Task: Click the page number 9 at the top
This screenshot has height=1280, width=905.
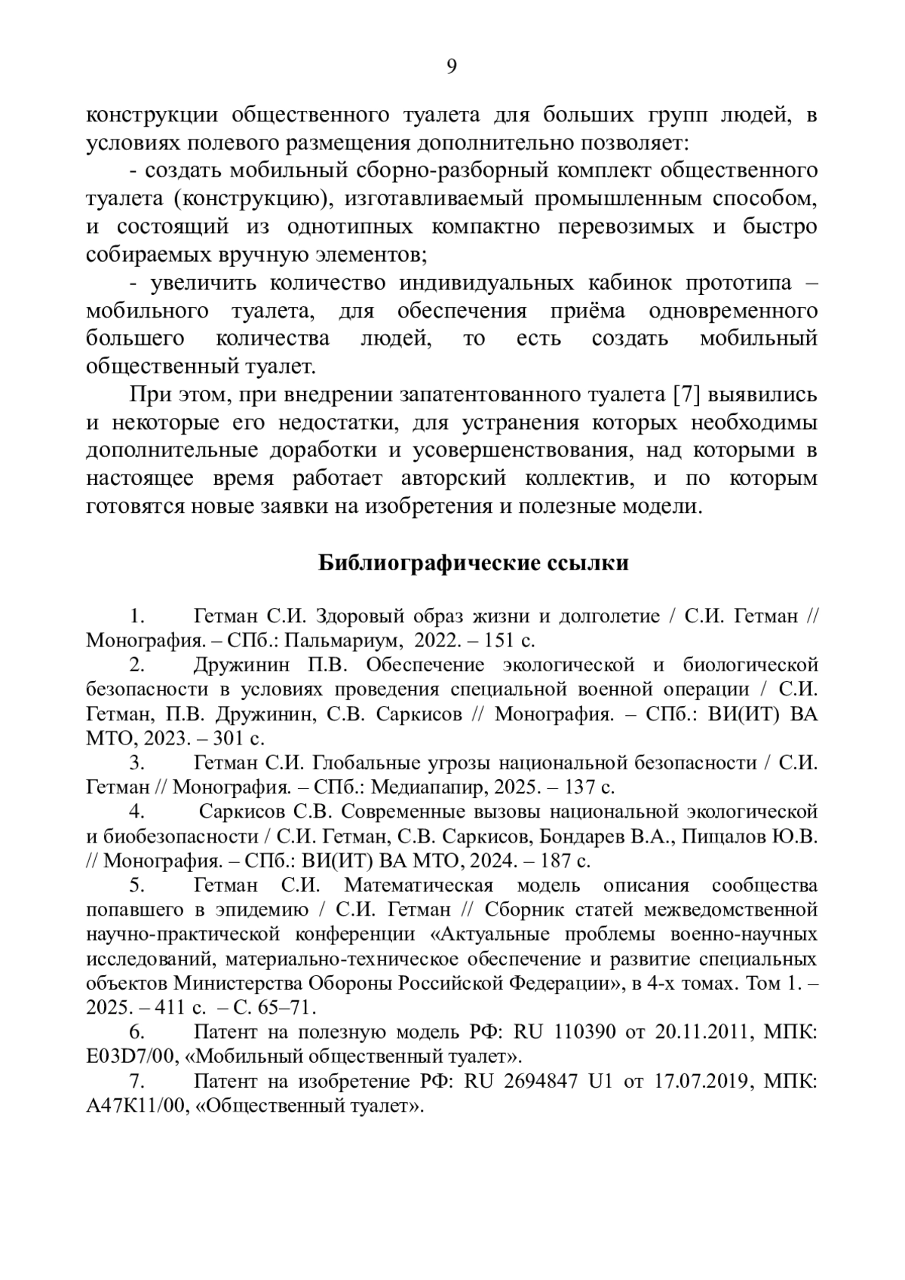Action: (452, 67)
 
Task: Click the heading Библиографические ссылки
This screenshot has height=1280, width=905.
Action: (473, 563)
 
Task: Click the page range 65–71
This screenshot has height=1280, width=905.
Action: (283, 1007)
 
